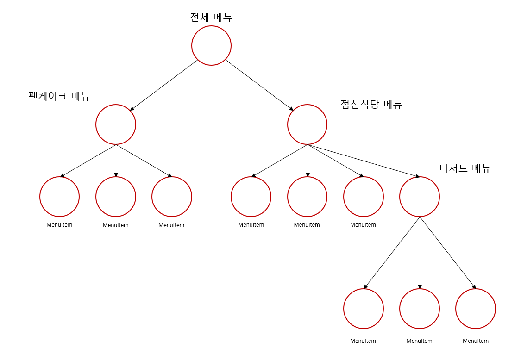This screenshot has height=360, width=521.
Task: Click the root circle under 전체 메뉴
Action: (x=211, y=45)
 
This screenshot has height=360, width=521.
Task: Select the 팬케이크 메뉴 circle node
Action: (x=116, y=124)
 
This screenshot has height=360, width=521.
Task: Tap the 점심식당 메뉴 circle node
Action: (x=307, y=124)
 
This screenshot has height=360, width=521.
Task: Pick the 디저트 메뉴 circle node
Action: (x=420, y=197)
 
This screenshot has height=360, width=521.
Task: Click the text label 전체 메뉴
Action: (x=211, y=18)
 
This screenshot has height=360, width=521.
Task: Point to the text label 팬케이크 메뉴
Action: (x=59, y=96)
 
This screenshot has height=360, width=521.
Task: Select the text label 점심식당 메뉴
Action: (x=371, y=105)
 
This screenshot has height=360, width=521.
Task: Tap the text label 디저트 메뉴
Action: (x=465, y=168)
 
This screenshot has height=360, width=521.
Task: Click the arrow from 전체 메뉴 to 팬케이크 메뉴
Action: (x=164, y=85)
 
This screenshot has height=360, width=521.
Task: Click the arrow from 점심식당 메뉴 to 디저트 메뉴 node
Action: (x=364, y=161)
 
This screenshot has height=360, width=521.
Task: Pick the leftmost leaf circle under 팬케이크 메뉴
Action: (x=59, y=197)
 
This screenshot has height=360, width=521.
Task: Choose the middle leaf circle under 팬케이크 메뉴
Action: (x=116, y=197)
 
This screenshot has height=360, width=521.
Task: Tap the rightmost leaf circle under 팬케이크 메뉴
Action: (x=172, y=197)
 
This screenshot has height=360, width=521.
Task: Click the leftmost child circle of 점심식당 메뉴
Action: (x=251, y=197)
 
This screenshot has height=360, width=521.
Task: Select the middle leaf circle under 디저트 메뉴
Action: (x=420, y=309)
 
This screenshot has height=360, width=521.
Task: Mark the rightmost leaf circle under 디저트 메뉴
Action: (x=476, y=309)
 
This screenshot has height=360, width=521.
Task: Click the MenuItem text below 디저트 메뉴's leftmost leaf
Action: (x=363, y=341)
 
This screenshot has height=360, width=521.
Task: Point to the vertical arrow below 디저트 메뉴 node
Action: (x=420, y=252)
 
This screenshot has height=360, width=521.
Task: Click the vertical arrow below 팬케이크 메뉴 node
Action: (x=116, y=161)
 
